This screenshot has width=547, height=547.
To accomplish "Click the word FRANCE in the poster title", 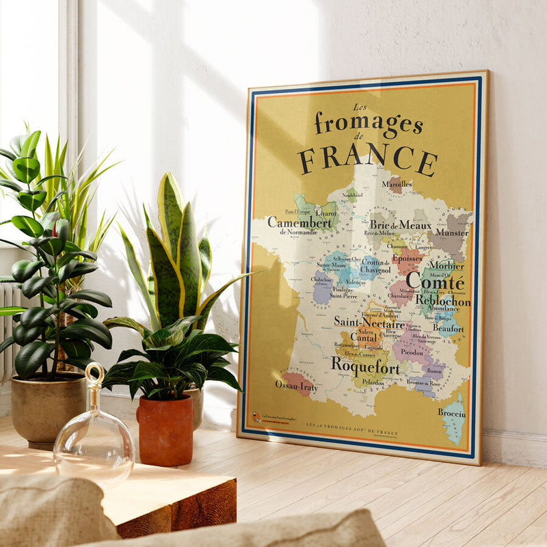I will coord(367,159).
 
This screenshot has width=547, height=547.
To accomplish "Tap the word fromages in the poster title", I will coord(368,124).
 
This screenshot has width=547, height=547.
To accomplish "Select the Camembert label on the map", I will coord(299,222).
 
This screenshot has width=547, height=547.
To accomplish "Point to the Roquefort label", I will coord(365,364).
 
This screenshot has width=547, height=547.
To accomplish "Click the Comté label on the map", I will coord(435,281).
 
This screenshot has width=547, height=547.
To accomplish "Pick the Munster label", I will coord(451,232).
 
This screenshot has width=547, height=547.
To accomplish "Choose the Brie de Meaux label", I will coord(400,224).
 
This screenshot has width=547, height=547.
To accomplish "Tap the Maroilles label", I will coord(397,184).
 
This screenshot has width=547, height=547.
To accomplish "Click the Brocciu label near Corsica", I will coord(451,414).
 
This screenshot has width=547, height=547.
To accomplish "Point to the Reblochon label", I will coord(442,301).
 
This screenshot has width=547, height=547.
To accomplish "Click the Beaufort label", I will coord(448,329).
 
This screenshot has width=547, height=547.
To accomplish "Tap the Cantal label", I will coord(364,336).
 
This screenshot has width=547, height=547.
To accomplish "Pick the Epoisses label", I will coord(407,259).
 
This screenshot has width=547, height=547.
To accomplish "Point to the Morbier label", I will coord(446,265).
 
